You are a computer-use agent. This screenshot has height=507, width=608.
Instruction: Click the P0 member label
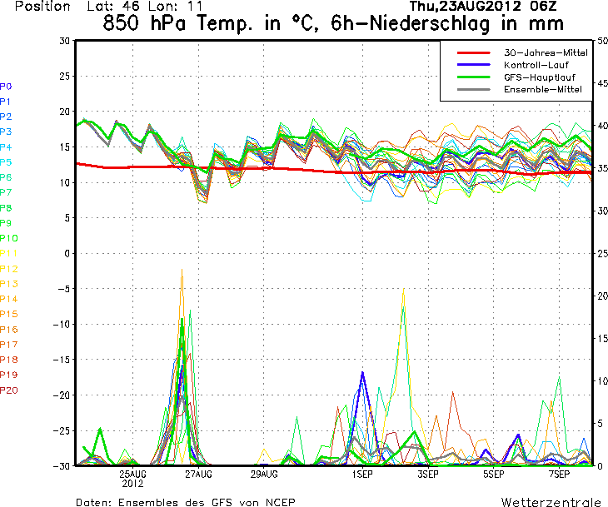click(x=6, y=86)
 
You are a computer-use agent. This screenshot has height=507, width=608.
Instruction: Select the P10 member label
click(x=8, y=238)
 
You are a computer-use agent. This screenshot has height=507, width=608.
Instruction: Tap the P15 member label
click(x=8, y=314)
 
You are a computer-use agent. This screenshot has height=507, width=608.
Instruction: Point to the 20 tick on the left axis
click(x=63, y=111)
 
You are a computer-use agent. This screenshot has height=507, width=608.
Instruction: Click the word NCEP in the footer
click(x=278, y=502)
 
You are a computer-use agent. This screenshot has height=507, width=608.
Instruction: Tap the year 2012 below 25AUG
click(x=133, y=483)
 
